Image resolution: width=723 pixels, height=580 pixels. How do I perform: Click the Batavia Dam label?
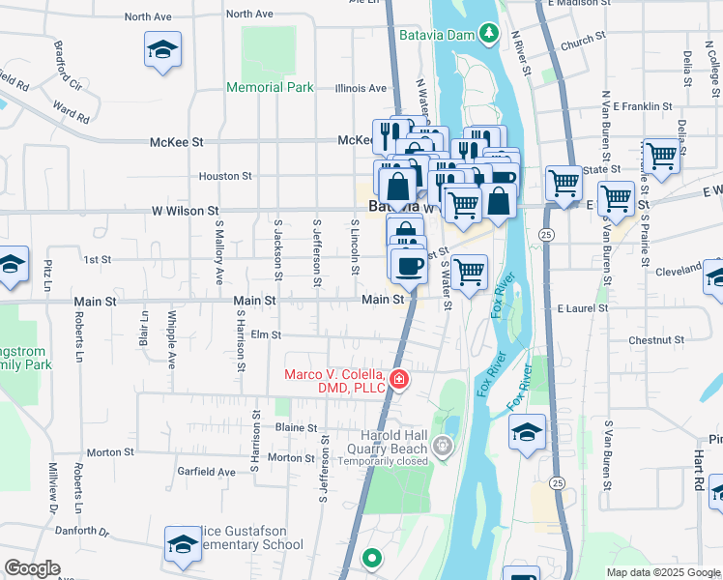tap(439, 35)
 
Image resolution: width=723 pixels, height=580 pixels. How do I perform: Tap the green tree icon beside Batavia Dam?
tap(490, 35)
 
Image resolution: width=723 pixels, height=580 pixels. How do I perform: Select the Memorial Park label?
tap(270, 87)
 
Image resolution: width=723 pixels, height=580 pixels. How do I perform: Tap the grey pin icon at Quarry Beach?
tap(444, 446)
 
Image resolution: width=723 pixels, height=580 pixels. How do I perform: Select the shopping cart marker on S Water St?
tap(469, 273)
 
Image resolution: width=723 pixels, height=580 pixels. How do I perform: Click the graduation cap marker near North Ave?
tap(163, 50)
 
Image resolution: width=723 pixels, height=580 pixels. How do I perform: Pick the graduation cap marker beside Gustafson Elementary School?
tap(183, 544)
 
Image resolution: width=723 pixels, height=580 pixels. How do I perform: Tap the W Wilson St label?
tap(186, 210)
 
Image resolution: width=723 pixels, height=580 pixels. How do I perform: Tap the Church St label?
tap(582, 42)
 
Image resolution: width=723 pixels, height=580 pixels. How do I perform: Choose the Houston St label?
tap(225, 176)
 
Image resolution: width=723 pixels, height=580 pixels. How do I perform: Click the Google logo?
tap(32, 568)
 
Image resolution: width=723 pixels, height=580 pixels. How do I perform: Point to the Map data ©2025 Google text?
tap(662, 572)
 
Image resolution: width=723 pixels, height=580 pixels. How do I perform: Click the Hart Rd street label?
tap(696, 460)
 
